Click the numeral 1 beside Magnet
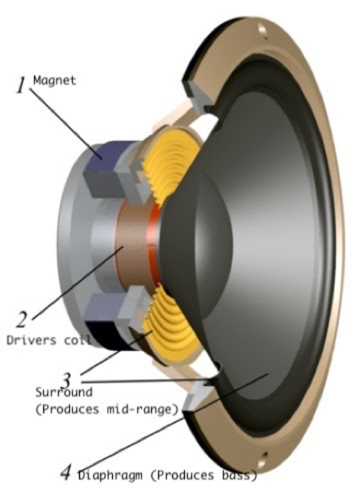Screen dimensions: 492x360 [x=21, y=85]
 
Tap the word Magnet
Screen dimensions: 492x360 [x=54, y=80]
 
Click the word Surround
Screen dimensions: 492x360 [x=64, y=392]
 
